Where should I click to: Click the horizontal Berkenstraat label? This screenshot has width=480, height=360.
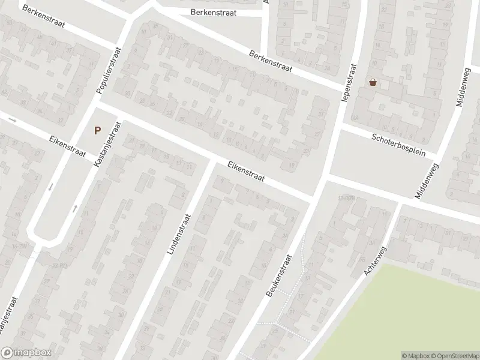213,12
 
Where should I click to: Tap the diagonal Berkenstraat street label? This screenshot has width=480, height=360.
271,61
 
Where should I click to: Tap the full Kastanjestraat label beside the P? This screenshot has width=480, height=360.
108,144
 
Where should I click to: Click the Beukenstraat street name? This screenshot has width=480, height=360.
278,274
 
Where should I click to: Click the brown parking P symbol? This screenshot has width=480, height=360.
97,130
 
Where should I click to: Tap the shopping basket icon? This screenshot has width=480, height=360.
373,82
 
